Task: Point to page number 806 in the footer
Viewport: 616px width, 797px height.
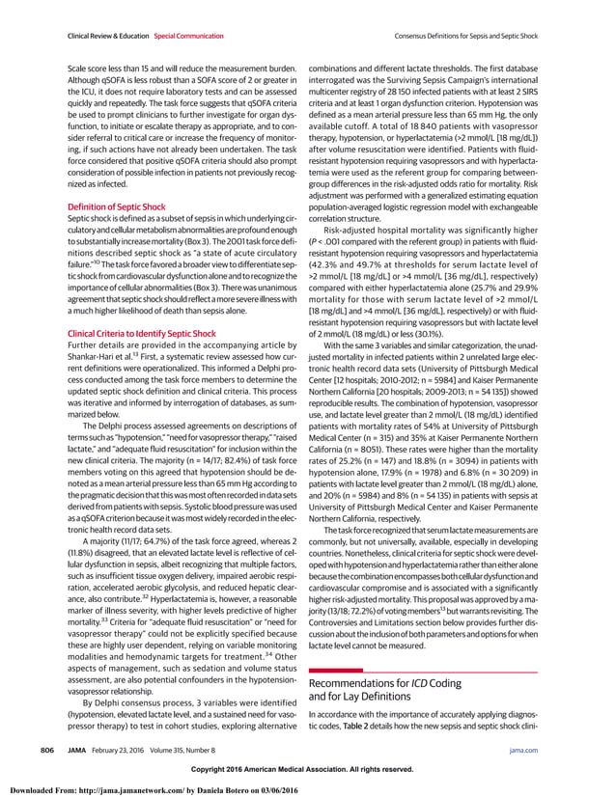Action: tap(45, 749)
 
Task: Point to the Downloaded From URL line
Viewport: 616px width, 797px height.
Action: tap(153, 790)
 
